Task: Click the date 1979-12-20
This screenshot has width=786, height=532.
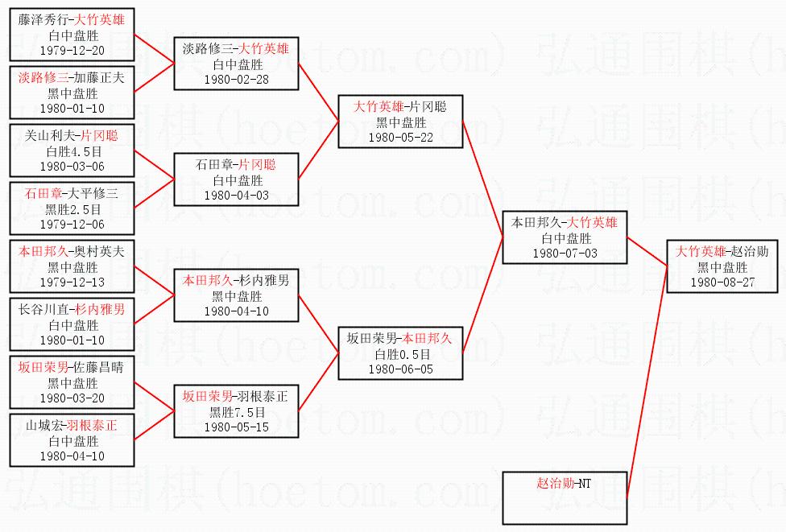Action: coord(72,50)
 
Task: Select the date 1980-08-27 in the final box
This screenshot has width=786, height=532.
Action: coord(722,282)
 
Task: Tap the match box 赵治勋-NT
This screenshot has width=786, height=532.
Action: coord(563,483)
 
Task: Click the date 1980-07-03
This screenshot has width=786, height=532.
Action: coord(564,254)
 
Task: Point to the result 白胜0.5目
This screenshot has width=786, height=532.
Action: coord(401,354)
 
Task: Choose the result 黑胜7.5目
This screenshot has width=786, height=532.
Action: coord(236,412)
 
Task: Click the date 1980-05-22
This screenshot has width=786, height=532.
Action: coord(400,138)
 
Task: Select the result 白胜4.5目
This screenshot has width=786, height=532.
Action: coord(72,151)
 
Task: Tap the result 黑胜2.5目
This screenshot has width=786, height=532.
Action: coord(72,209)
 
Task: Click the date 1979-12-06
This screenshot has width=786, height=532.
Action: coord(72,225)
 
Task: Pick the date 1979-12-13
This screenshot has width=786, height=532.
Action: coord(72,282)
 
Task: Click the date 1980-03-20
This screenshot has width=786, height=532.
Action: coord(72,398)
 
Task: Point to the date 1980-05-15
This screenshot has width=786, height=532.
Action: coord(236,427)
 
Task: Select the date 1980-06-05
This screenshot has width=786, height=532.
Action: coord(400,369)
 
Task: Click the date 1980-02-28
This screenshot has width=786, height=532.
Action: coord(236,80)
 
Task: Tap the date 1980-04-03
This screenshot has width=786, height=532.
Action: coord(236,196)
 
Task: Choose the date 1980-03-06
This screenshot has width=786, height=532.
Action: coord(72,167)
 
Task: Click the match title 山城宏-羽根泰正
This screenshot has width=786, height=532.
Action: coord(72,426)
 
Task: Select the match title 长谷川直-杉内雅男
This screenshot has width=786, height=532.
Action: coord(72,310)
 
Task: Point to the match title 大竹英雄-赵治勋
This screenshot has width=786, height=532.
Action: coord(722,252)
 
